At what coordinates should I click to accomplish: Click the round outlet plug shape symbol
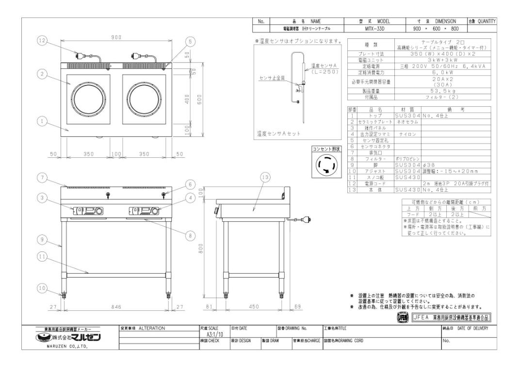pyautogui.click(x=326, y=166)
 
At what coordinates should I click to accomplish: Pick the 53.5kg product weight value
pyautogui.click(x=443, y=91)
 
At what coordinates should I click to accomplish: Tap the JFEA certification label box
pyautogui.click(x=451, y=318)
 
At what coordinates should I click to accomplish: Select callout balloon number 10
pyautogui.click(x=43, y=288)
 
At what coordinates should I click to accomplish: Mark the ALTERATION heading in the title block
pyautogui.click(x=151, y=329)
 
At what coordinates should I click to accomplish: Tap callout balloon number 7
pyautogui.click(x=43, y=178)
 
